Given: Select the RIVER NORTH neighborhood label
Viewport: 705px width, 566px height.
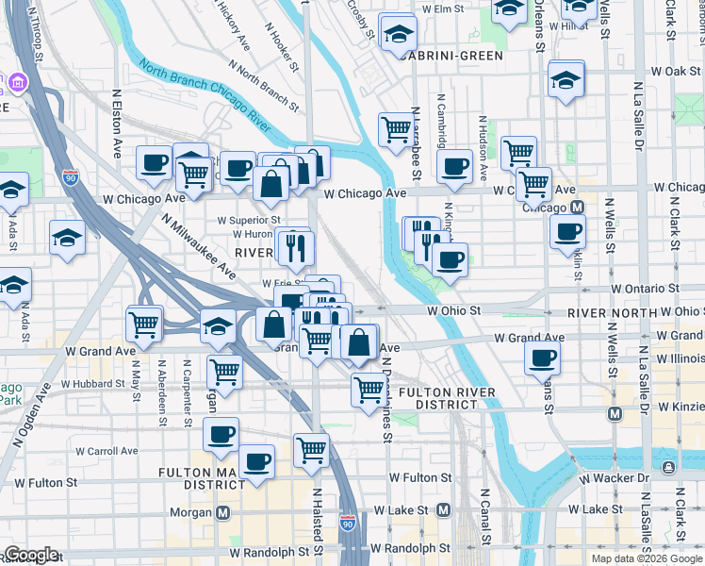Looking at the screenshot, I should click(x=610, y=312).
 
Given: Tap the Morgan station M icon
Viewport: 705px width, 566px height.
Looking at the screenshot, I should click(x=224, y=513).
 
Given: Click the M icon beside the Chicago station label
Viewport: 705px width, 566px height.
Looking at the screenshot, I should click(x=577, y=208).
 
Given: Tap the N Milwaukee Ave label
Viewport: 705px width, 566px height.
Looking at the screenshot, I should click(x=197, y=244).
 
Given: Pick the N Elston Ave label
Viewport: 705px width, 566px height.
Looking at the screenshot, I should click(x=118, y=123).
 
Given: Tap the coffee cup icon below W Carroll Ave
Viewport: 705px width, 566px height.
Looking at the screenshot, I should click(x=256, y=462).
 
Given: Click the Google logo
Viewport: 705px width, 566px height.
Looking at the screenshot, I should click(x=31, y=555).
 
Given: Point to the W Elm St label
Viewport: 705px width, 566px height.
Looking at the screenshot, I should click(x=444, y=8).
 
